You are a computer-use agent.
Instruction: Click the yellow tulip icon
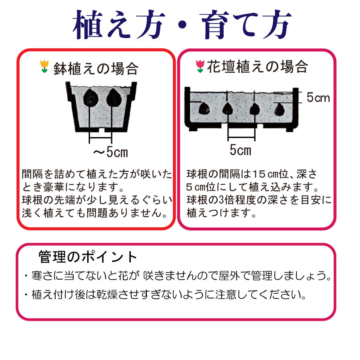tap(44, 66)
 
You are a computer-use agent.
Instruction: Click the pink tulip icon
tap(200, 66)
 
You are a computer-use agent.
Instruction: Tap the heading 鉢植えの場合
tap(96, 68)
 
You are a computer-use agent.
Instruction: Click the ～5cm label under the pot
tap(110, 152)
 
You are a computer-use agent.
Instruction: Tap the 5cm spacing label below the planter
tap(240, 150)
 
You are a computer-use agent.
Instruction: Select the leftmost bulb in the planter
tap(204, 108)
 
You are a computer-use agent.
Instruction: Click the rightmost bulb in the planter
tap(280, 109)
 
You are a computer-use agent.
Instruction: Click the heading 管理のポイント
tap(88, 257)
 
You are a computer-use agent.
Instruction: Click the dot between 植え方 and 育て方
tap(182, 25)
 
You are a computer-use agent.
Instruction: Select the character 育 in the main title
tap(215, 24)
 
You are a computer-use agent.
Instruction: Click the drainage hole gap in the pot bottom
tap(102, 130)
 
